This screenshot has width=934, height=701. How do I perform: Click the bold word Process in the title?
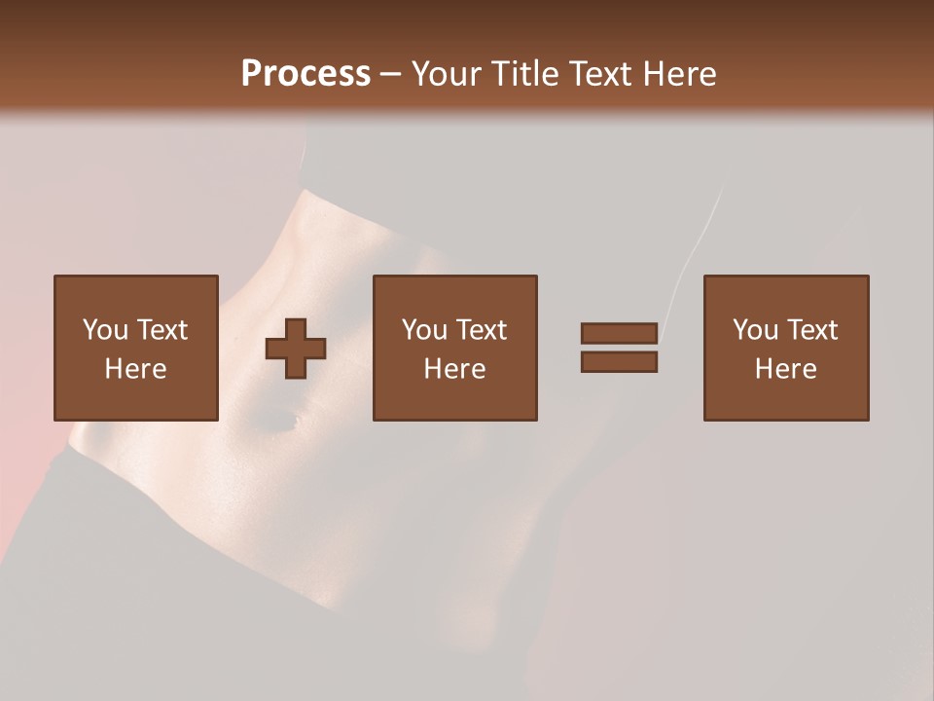[x=305, y=74]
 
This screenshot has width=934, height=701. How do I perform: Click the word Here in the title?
[x=682, y=74]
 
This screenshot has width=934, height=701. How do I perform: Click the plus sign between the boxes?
[x=296, y=349]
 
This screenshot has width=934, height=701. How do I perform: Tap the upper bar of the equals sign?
[x=619, y=333]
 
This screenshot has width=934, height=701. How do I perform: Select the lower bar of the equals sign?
[x=619, y=362]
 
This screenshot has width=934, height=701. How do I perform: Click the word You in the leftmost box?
[x=104, y=330]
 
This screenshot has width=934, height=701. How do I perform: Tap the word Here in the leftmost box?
[x=135, y=369]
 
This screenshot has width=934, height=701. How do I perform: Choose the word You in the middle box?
[x=424, y=330]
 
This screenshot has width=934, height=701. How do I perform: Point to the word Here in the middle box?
[x=455, y=369]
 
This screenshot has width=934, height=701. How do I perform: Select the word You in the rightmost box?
[x=755, y=330]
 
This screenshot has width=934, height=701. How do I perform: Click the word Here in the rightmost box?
[x=786, y=369]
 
